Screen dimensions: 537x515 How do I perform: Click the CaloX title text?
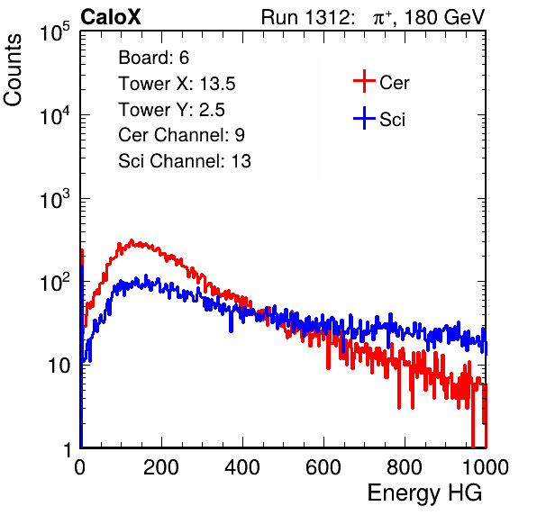click(x=111, y=17)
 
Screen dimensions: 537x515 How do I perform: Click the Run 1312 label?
click(x=307, y=17)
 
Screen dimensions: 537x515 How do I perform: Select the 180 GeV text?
click(x=444, y=17)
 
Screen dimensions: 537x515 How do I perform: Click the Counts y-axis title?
click(x=13, y=70)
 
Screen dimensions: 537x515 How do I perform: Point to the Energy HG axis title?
click(x=424, y=493)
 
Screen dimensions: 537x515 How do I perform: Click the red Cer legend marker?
click(x=364, y=81)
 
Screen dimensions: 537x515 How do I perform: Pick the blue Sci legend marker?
click(x=364, y=119)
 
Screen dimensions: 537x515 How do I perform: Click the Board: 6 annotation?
click(x=153, y=58)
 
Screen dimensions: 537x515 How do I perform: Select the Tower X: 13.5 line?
click(x=177, y=84)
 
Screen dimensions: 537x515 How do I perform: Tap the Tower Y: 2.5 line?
click(x=171, y=110)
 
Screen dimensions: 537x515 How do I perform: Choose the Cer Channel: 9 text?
click(x=181, y=135)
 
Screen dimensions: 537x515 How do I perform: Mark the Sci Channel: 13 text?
click(x=185, y=161)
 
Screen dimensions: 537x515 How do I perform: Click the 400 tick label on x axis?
click(x=242, y=467)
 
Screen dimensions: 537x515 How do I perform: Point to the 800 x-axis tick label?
click(x=405, y=467)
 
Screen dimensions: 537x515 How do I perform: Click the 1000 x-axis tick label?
click(x=486, y=467)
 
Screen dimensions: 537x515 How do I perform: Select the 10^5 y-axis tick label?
click(x=55, y=32)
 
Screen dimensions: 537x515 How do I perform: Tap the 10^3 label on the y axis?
click(x=55, y=199)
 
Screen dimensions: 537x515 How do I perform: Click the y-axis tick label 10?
click(x=59, y=366)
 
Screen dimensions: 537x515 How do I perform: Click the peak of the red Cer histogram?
click(x=132, y=241)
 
